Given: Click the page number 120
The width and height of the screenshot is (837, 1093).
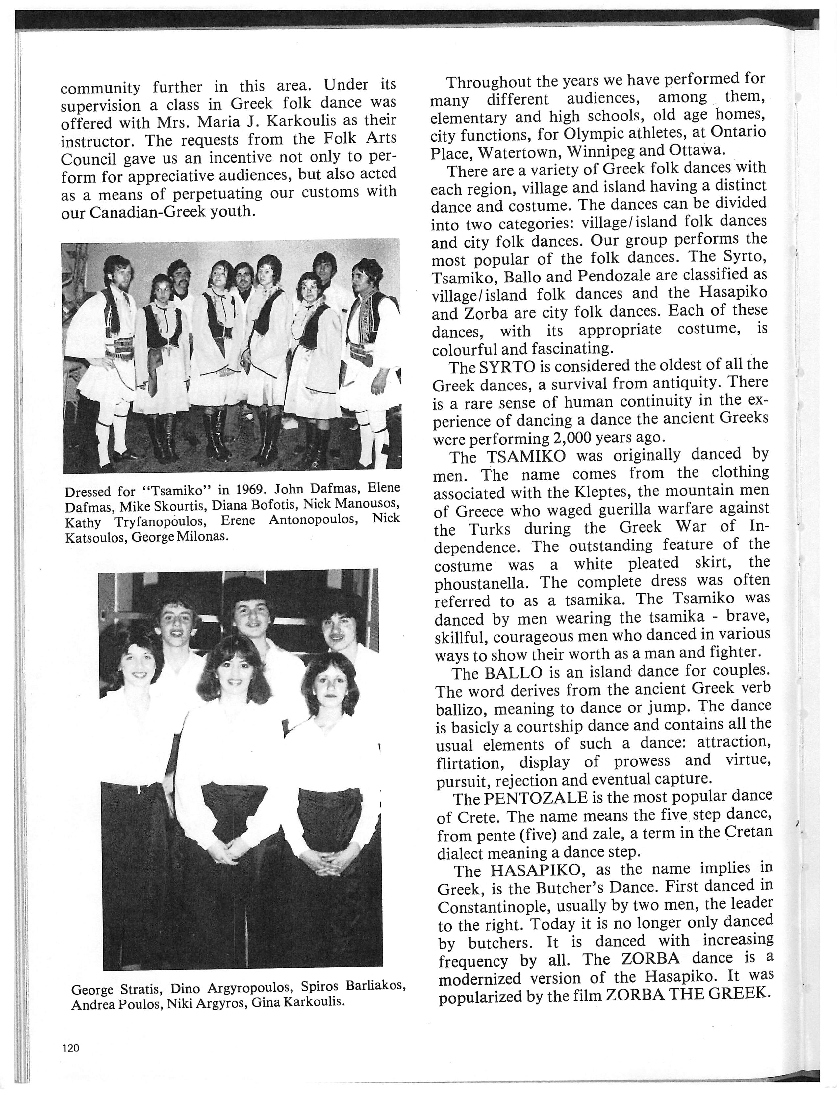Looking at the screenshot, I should pyautogui.click(x=71, y=1047).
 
